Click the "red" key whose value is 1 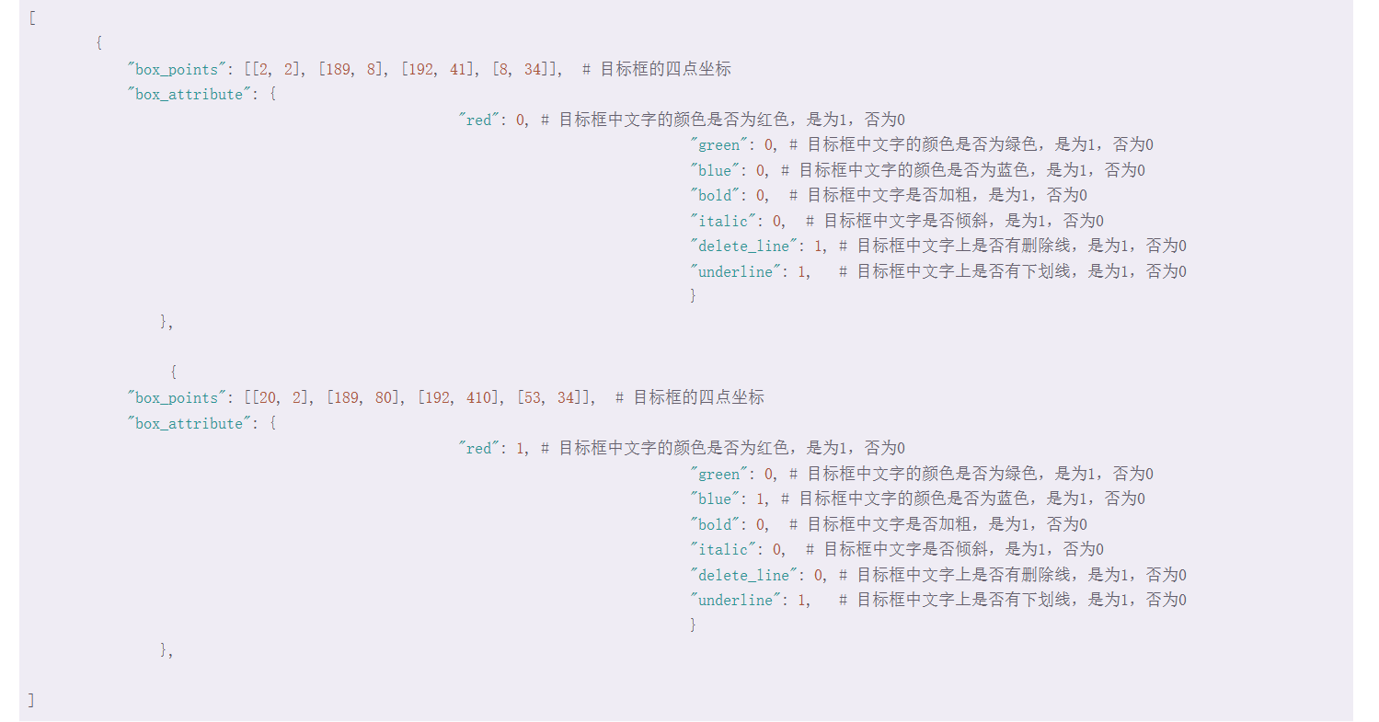tap(480, 449)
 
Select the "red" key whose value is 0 tap(480, 120)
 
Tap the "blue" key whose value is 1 tap(716, 499)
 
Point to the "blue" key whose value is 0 tap(716, 171)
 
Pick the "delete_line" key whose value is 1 tap(744, 246)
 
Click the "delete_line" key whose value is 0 tap(744, 575)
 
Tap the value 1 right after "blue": tap(760, 499)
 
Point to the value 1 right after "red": tap(521, 449)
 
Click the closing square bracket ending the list tap(31, 700)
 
